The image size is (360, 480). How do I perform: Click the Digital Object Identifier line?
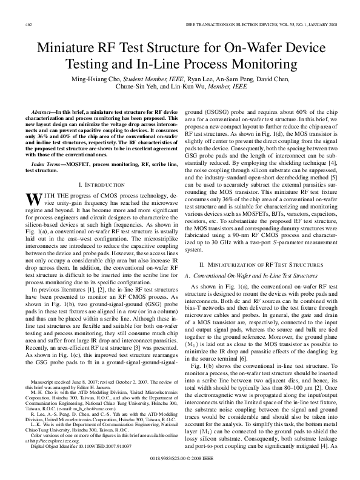[x=86, y=448]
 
